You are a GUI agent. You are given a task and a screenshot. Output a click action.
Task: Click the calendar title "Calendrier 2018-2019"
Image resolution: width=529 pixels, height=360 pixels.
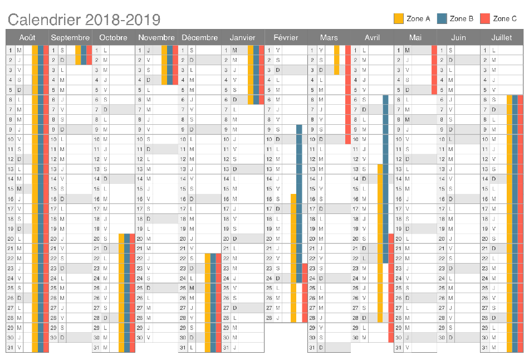84,20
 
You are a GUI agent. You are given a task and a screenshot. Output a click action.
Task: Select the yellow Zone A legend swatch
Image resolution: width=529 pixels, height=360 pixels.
399,18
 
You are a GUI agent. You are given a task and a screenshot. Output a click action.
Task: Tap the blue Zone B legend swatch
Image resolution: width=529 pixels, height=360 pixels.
442,18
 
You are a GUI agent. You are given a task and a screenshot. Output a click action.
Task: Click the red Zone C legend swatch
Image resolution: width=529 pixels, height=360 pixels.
485,18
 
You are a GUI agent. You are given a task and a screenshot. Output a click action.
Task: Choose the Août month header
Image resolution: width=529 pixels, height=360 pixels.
27,37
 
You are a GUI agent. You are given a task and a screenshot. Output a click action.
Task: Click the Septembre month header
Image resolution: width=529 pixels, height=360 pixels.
71,37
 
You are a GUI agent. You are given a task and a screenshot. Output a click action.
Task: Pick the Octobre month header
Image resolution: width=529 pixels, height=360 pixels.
114,37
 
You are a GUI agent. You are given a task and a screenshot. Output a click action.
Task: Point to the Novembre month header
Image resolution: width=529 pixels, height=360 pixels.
156,37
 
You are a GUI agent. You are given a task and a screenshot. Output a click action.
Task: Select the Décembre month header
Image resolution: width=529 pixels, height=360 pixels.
200,37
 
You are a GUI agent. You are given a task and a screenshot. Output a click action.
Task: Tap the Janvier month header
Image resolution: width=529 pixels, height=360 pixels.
243,37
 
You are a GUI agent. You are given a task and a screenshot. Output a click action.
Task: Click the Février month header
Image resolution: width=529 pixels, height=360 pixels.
286,37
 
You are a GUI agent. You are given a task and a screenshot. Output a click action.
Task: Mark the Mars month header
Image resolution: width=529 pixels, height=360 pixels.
329,37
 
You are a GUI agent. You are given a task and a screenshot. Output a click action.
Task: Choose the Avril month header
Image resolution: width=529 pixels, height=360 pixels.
372,37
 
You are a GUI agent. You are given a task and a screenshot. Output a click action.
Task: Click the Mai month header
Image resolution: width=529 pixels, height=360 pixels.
415,37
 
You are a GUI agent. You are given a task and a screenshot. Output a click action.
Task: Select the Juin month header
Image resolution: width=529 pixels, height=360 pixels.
458,37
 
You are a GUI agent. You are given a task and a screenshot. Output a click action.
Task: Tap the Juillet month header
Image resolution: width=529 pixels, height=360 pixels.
502,37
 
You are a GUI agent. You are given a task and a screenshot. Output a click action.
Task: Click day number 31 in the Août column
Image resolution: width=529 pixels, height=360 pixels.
11,348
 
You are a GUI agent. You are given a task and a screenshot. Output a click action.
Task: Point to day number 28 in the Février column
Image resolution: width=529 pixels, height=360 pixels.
270,318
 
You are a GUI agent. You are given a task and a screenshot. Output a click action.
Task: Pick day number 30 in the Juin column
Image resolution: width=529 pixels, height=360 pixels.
442,338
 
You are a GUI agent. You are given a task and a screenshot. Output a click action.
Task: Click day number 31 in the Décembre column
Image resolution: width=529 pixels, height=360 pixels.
183,348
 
